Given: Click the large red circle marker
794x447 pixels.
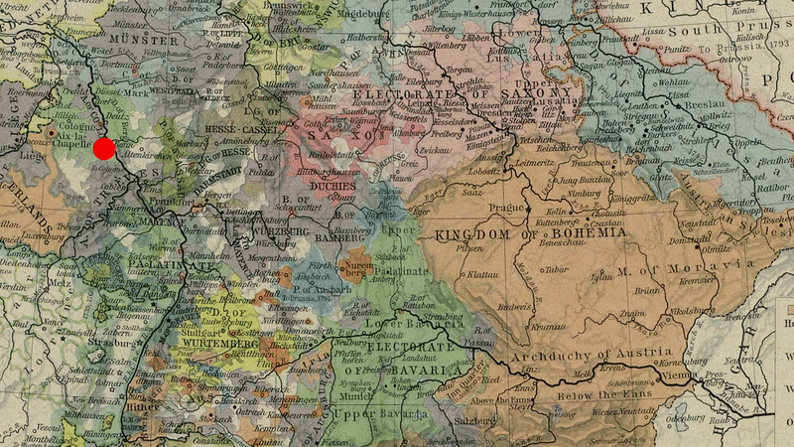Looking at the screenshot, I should [x=103, y=149].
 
